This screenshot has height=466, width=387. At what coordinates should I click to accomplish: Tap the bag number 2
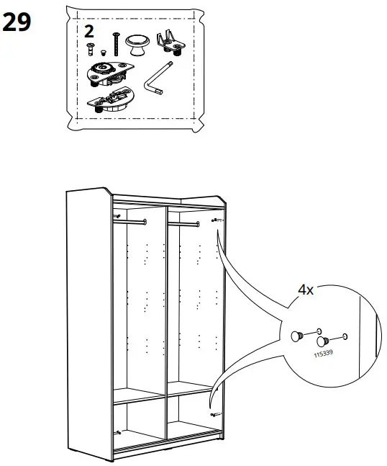tap(89, 31)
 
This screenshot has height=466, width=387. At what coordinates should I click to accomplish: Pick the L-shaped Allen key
tap(156, 81)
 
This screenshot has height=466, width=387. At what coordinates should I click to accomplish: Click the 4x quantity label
tap(306, 290)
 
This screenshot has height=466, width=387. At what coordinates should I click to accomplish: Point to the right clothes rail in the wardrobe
tap(183, 224)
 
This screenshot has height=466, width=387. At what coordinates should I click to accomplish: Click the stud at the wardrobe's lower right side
tap(214, 415)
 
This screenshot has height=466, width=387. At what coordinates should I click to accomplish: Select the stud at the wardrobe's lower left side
tap(117, 433)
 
